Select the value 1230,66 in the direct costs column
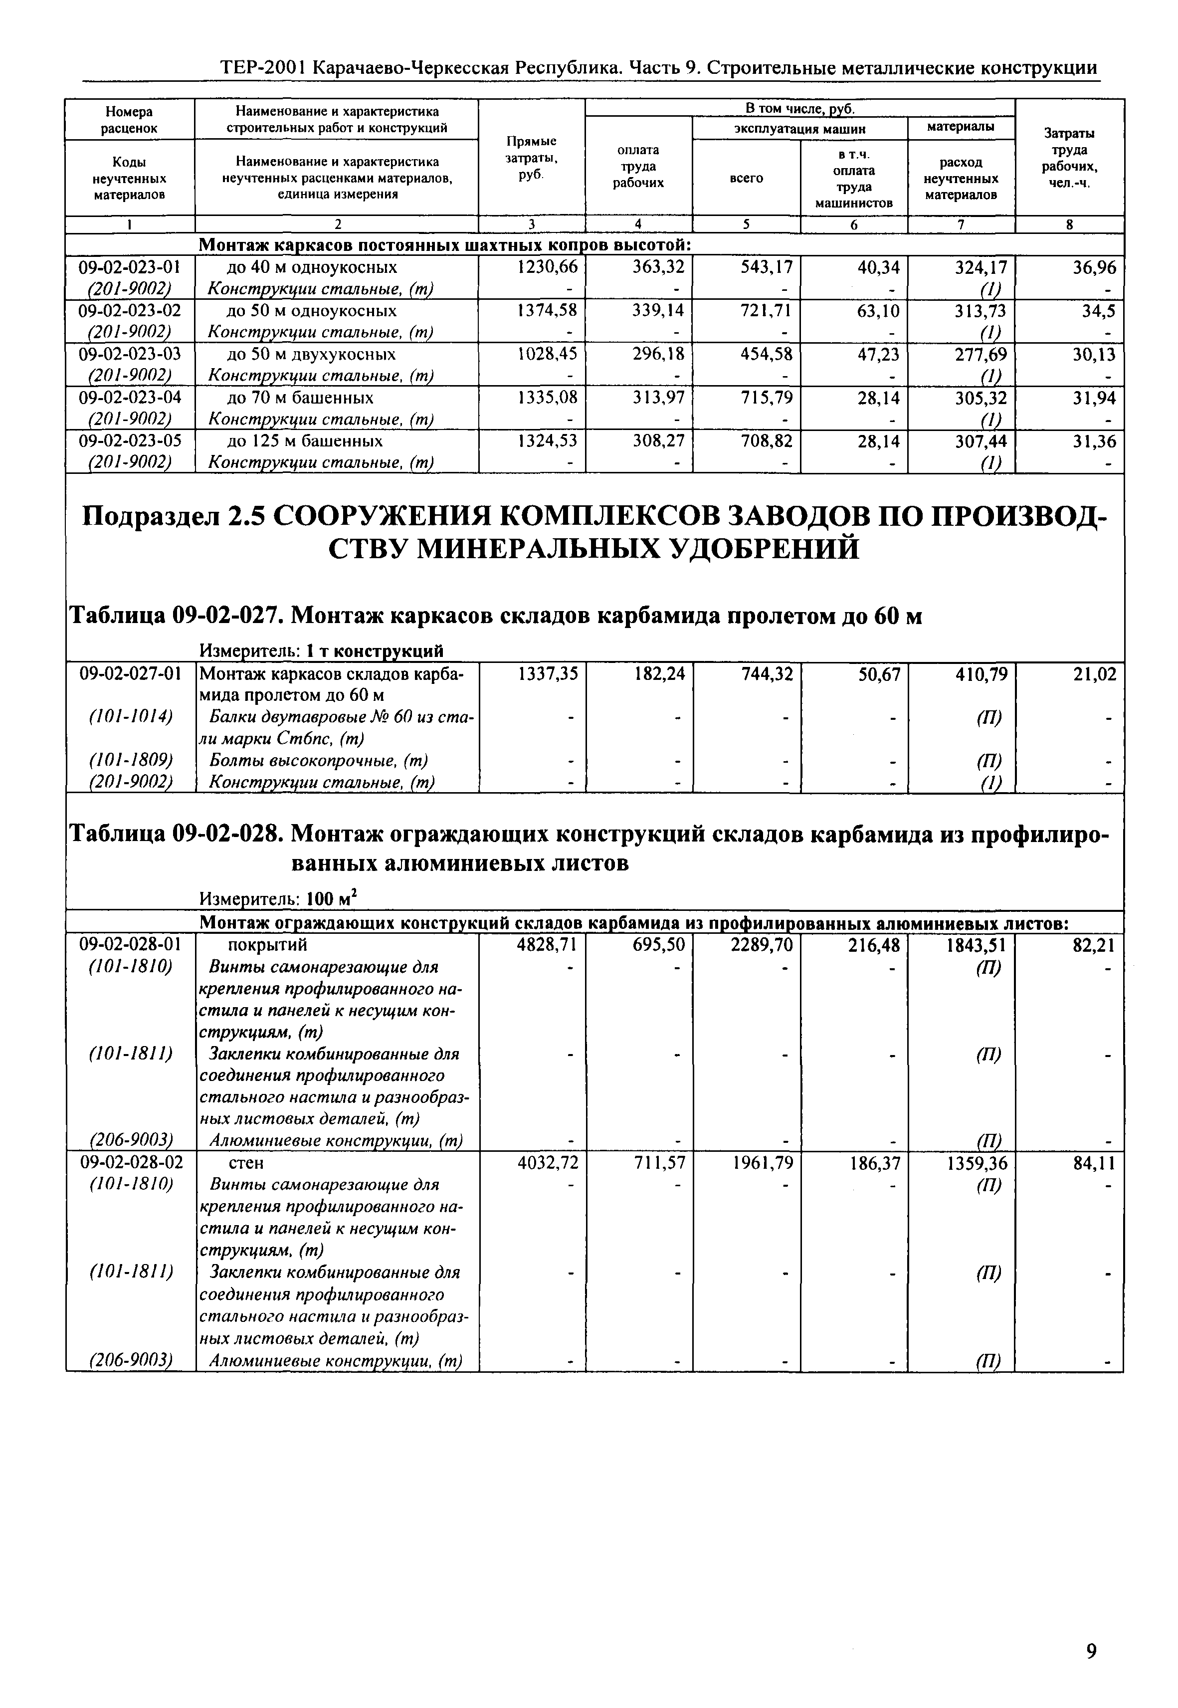coord(548,267)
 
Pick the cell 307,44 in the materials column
coord(981,441)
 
